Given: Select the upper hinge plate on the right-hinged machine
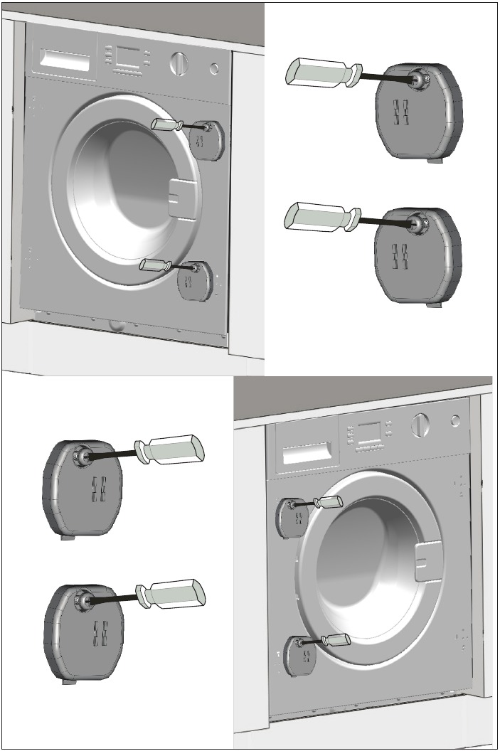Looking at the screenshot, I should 208,140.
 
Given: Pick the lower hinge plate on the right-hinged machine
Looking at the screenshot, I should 195,281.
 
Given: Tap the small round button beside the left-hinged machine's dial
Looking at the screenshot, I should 455,420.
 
